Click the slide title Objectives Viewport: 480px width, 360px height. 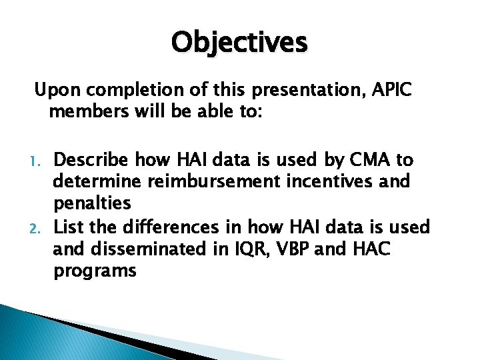pyautogui.click(x=239, y=43)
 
